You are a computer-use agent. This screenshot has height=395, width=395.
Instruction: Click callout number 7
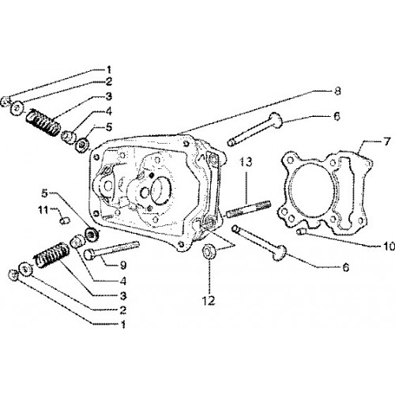coord(386,142)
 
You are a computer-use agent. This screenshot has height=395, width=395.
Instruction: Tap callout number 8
coord(337,91)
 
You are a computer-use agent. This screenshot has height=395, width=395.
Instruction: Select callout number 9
coord(123,265)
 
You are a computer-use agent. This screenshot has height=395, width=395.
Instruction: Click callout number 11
coord(43,210)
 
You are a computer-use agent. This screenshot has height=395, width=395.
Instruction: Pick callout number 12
coord(209,300)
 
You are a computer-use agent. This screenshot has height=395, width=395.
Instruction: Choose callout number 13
coord(246,162)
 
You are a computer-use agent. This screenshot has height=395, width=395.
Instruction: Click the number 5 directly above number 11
coord(45,194)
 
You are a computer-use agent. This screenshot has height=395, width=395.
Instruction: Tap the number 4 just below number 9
coord(123,281)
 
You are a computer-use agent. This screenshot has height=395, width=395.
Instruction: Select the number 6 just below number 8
coord(337,116)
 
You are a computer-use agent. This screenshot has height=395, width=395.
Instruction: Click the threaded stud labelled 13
coord(248,209)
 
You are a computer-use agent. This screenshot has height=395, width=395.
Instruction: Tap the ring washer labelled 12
coord(209,252)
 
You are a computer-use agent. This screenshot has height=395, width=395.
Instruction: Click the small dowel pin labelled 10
coord(301,231)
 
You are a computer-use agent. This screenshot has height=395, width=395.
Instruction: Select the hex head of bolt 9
coord(89,255)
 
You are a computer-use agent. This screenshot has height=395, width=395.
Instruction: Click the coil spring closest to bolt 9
coord(52,255)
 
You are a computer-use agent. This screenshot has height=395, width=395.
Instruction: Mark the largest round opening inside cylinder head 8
coord(161,190)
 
